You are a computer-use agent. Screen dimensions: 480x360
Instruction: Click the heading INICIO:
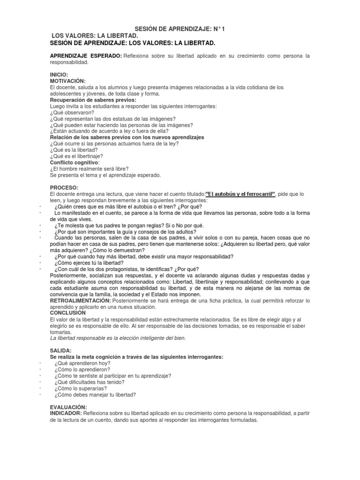coord(59,75)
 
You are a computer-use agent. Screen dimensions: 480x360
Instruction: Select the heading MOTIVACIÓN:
coord(67,81)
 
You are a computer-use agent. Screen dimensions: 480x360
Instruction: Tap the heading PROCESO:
coord(64,187)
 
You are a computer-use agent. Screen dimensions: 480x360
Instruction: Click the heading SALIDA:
coord(61,350)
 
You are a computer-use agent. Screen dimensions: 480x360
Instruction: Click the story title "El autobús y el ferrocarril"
coord(241,194)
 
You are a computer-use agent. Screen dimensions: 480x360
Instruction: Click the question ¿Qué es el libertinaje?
coord(76,156)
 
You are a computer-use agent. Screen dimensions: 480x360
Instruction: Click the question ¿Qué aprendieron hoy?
coord(82,363)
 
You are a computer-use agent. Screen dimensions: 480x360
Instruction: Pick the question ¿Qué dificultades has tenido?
coord(90,382)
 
